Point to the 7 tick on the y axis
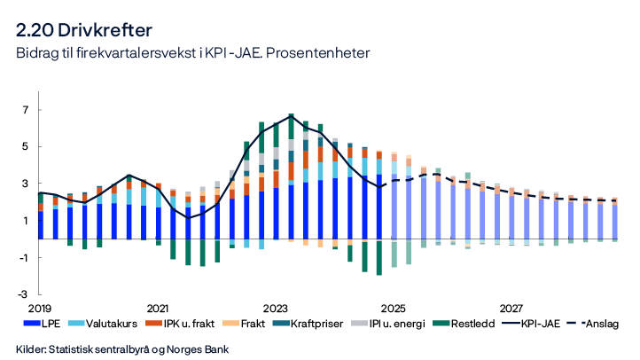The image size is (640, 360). (27, 110)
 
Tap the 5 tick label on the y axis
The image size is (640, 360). (27, 146)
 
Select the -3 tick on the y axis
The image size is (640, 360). (25, 293)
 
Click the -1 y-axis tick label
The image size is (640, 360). (25, 257)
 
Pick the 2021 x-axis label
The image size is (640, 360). (158, 308)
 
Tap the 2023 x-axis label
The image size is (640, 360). (276, 308)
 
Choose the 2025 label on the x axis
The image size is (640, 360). (394, 308)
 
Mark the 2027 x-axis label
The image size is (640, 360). (511, 308)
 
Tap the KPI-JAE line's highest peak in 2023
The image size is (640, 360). (291, 115)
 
